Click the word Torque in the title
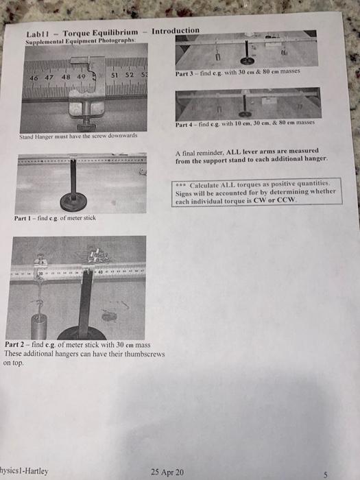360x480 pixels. [80, 34]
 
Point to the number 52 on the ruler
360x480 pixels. [128, 75]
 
